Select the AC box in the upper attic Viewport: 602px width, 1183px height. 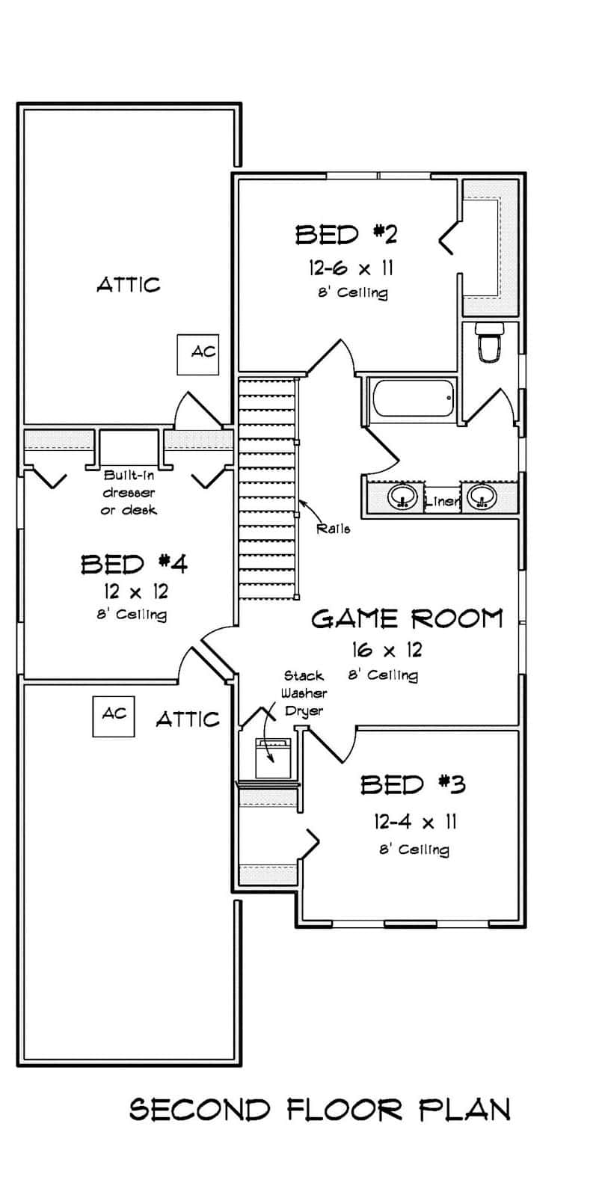[x=197, y=354]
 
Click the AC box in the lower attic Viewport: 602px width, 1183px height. [x=114, y=716]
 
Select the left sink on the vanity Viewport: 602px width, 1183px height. [x=404, y=497]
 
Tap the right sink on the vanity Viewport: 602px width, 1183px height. [x=482, y=497]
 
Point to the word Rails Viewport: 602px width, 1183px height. [x=334, y=528]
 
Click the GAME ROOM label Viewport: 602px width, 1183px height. [x=407, y=618]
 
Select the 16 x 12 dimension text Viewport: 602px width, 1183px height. [x=387, y=650]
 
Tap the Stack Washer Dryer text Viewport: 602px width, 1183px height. [x=304, y=693]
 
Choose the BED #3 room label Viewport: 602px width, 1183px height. [x=413, y=784]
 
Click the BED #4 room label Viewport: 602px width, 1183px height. [x=135, y=563]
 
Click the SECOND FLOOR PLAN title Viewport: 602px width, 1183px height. [x=320, y=1109]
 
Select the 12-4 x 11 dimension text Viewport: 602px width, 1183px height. [x=415, y=823]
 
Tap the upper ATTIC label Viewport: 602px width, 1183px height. [x=128, y=284]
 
